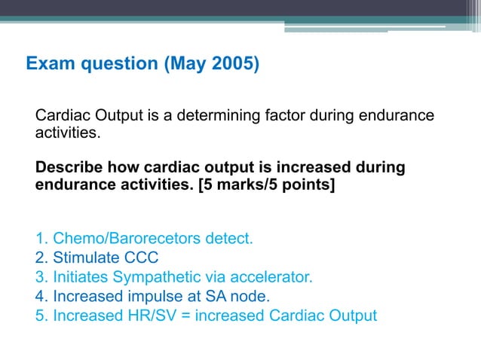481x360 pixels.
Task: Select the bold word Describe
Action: pyautogui.click(x=69, y=166)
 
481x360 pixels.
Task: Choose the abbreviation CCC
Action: pyautogui.click(x=142, y=258)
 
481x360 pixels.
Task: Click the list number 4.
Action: pyautogui.click(x=40, y=296)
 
